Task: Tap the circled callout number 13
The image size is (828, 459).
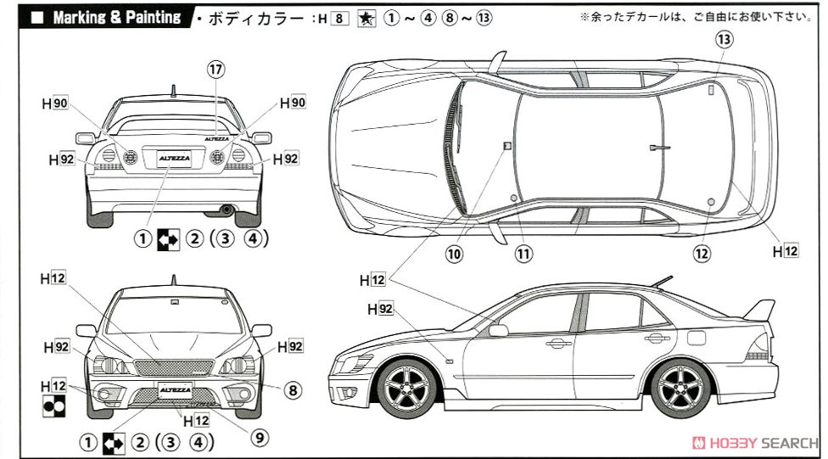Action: pos(723,39)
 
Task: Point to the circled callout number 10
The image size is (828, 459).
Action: pos(455,253)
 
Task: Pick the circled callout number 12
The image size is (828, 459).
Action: pos(701,253)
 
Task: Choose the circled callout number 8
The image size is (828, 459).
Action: pos(291,391)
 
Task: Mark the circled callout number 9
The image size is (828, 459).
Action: pos(259,437)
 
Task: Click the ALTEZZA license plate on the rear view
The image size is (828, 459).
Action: pos(173,157)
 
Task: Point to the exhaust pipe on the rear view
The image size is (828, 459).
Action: pos(227,209)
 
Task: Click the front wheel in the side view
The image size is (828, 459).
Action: pos(411,389)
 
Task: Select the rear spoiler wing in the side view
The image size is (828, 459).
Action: pos(760,310)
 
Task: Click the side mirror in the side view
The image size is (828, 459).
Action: pos(497,331)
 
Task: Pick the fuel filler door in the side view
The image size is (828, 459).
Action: pos(697,337)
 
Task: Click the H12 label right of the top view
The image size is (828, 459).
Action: pos(785,251)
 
